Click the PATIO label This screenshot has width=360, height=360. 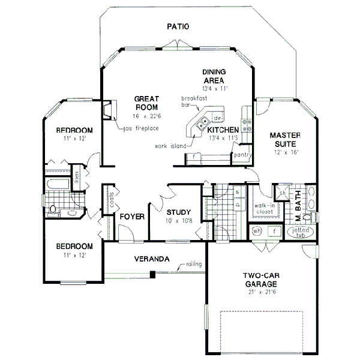[x=178, y=26]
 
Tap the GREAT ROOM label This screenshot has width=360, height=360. [x=146, y=103]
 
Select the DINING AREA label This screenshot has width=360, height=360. [x=213, y=76]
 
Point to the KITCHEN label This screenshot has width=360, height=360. [x=223, y=130]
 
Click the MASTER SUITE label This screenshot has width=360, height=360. [x=284, y=139]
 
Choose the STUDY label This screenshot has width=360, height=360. [x=179, y=212]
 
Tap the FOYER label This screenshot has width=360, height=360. [x=132, y=217]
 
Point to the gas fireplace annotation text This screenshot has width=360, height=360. [x=142, y=128]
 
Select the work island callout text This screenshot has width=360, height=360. [x=170, y=146]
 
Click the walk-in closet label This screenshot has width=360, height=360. [x=264, y=209]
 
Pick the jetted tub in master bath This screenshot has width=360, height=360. [x=301, y=233]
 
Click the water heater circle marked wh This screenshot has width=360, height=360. [x=257, y=231]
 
